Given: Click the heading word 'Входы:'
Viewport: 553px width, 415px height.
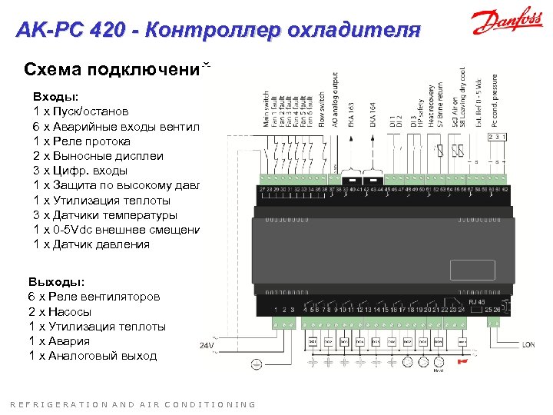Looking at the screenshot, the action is point(55,98).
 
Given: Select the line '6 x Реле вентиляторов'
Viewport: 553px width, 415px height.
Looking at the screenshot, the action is point(94,297).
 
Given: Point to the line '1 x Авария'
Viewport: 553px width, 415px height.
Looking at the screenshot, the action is point(59,340).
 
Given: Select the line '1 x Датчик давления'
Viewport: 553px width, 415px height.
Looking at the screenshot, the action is point(91,244).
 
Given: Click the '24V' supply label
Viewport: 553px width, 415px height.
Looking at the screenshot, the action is point(207,345).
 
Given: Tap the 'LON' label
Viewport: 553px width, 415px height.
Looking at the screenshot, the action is point(528,344).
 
